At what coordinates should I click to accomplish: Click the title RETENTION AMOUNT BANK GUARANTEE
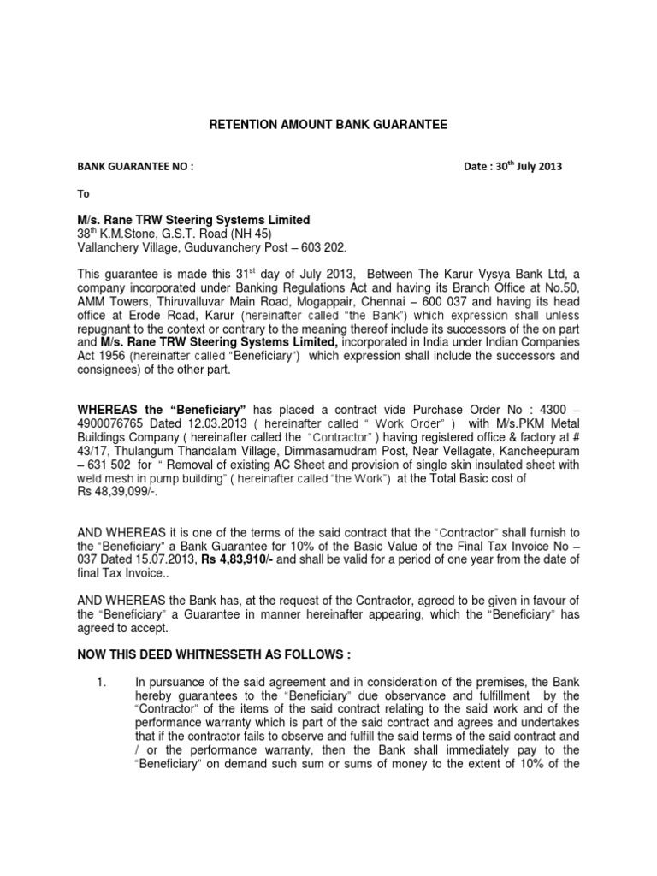[x=328, y=125]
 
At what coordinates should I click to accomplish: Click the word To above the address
[x=84, y=194]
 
